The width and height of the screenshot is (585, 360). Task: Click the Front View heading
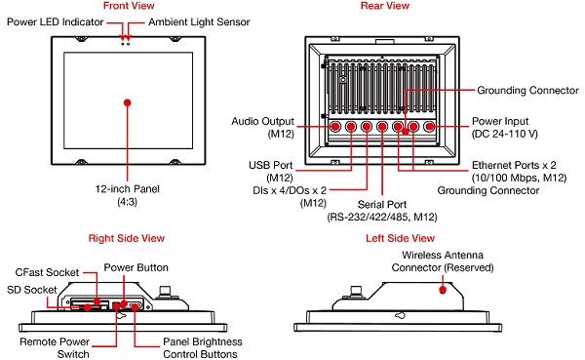coord(129,6)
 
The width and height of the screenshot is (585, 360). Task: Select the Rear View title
coord(385,6)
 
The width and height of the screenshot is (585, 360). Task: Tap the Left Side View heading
coord(400,238)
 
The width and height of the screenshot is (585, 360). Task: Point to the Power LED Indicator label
coord(55,22)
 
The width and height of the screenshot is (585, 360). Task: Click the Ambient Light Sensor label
coord(199,22)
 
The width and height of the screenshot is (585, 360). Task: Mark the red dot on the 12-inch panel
coord(127,102)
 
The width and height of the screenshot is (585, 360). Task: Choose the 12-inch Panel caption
coord(127,195)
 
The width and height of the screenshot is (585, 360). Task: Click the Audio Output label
coord(262,128)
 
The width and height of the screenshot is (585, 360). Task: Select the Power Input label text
coord(505,128)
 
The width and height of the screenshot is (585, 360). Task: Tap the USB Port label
coord(271,172)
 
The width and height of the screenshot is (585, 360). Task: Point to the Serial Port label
coord(382,211)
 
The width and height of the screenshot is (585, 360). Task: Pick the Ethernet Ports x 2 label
coord(519,172)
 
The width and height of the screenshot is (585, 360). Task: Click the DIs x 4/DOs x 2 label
coord(290,197)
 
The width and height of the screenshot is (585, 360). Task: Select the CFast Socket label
coord(47,272)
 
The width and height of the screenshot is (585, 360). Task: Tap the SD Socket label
coord(32,290)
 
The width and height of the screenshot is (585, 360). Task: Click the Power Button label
coord(136,267)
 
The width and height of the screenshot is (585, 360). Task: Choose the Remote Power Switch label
coord(55,348)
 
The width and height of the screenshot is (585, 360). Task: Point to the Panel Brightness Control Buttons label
coord(203,348)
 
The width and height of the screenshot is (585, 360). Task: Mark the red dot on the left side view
coord(443,290)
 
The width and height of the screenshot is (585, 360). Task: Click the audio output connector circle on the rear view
coord(335,127)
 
